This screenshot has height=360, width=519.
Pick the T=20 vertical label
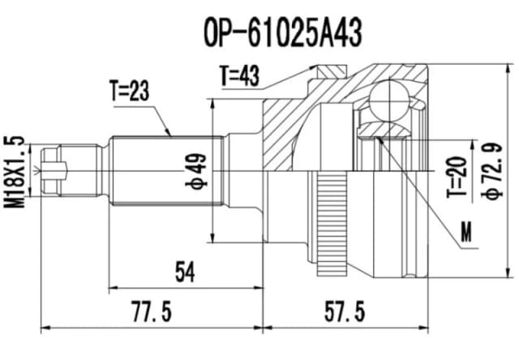[x=460, y=178]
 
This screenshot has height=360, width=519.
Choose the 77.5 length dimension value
[x=150, y=311]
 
